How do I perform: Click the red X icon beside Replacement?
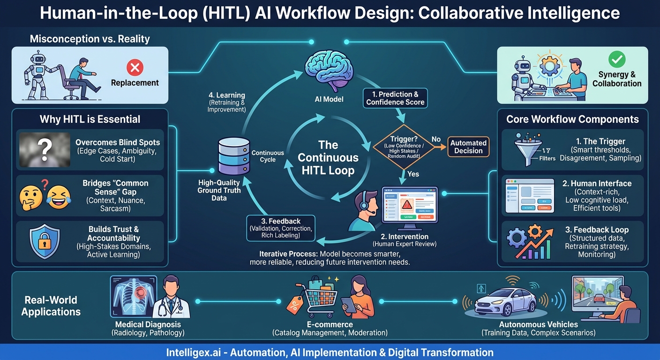135,68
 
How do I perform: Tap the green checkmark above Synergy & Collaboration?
616,60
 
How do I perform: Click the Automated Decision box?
468,147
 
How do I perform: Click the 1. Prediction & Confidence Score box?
395,98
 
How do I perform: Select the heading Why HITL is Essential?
90,119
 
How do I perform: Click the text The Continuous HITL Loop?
328,157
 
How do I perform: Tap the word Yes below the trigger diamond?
413,174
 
